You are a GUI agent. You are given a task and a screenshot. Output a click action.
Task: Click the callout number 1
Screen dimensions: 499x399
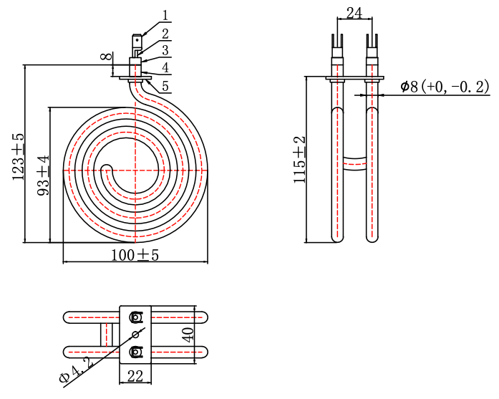pyautogui.click(x=165, y=15)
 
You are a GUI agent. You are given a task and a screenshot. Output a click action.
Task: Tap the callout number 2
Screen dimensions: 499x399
pyautogui.click(x=165, y=34)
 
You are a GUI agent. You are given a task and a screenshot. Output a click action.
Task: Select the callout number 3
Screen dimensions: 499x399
pyautogui.click(x=165, y=50)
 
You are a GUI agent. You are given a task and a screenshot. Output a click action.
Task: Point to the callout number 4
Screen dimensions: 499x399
pyautogui.click(x=165, y=68)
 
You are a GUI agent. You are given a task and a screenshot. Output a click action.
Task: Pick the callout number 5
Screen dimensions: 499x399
pyautogui.click(x=165, y=86)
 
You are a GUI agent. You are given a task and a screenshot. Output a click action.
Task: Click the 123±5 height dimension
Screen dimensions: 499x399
pyautogui.click(x=18, y=157)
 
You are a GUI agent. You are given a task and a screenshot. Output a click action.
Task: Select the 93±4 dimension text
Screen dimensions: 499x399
pyautogui.click(x=43, y=176)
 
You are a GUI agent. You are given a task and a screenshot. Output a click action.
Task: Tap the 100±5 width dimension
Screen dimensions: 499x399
pyautogui.click(x=135, y=255)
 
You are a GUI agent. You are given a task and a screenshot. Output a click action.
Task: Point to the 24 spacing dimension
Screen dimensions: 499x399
pyautogui.click(x=354, y=13)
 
